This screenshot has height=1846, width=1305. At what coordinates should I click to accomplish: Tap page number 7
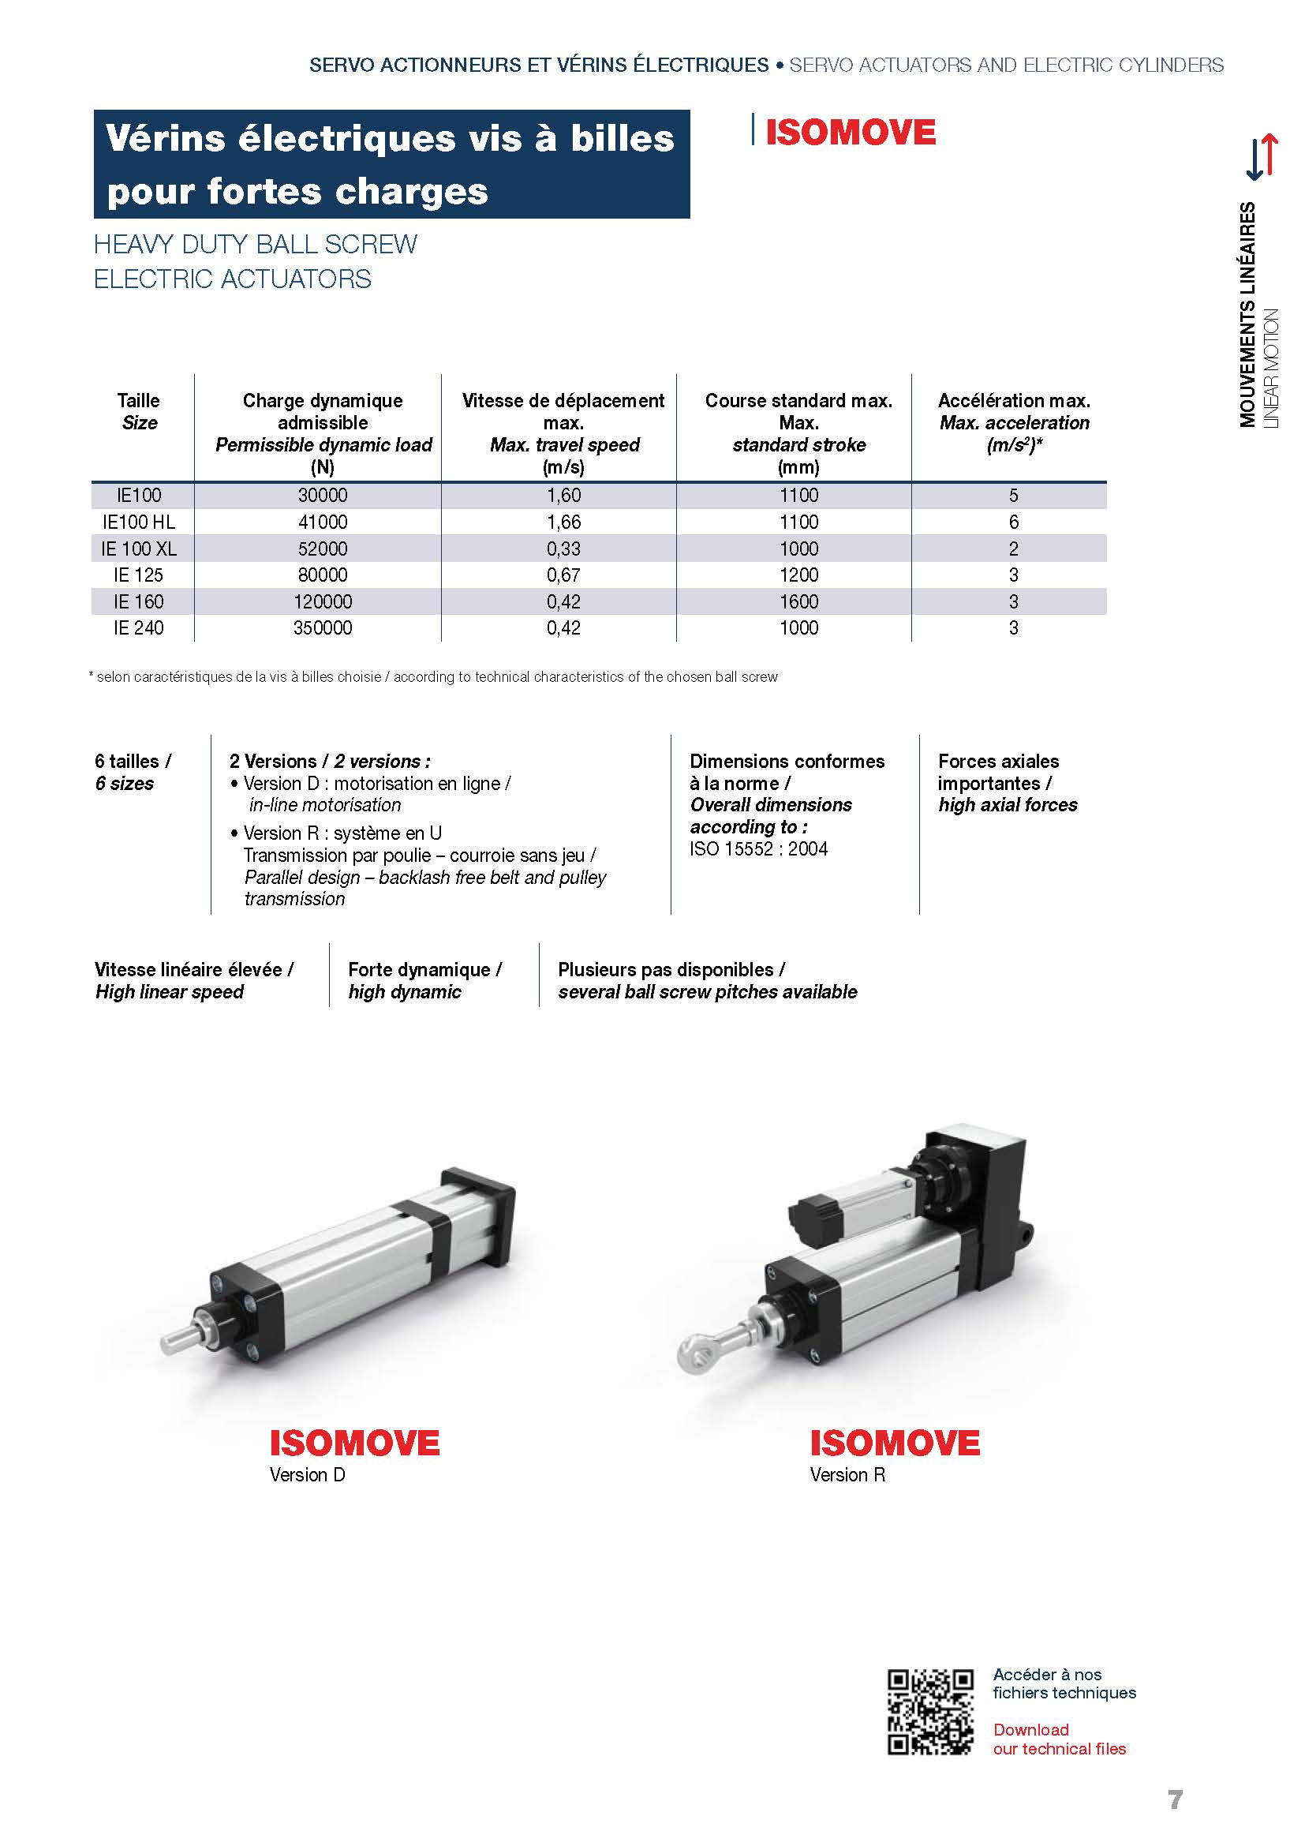point(1175,1799)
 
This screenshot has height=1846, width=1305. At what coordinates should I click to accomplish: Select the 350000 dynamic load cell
point(322,628)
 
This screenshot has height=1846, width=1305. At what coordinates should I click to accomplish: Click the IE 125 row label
point(138,575)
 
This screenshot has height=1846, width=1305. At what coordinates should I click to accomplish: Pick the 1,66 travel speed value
point(563,522)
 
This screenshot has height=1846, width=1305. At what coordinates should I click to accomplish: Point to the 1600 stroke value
point(798,601)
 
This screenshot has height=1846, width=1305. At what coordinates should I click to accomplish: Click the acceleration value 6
point(1013,522)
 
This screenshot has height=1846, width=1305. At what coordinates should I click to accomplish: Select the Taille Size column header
point(138,412)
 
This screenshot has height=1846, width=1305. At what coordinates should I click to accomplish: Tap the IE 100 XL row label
point(138,549)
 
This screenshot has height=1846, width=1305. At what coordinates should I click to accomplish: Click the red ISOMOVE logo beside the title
point(851,133)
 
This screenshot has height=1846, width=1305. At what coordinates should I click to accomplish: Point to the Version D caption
point(307,1474)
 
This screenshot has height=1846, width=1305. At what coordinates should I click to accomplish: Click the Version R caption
point(847,1474)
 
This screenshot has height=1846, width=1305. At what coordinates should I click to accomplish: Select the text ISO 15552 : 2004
point(757,849)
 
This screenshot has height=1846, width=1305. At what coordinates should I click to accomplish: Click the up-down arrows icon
point(1261,156)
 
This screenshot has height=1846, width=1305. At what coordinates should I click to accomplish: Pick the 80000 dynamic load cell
point(322,575)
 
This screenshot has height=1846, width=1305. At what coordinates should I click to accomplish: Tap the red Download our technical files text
point(1059,1739)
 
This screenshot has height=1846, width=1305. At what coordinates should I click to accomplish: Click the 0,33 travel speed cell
point(563,549)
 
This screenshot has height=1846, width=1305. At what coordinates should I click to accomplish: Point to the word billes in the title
point(622,138)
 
